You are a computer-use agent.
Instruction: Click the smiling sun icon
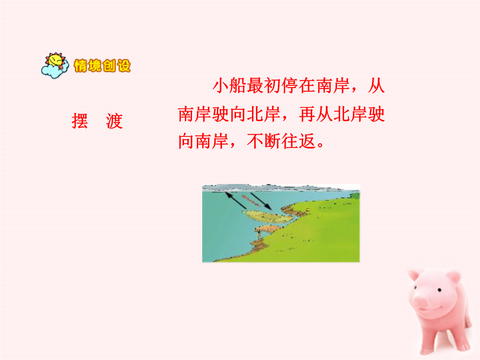(x=56, y=60)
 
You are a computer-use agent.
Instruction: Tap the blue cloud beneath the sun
(x=54, y=72)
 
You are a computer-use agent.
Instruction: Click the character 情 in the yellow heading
(x=80, y=66)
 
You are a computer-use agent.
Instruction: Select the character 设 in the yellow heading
(x=124, y=66)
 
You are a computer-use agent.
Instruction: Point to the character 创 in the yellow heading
(x=109, y=66)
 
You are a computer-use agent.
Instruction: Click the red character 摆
(x=80, y=121)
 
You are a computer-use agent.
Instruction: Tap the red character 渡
(x=115, y=121)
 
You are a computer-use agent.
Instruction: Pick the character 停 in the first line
(x=290, y=85)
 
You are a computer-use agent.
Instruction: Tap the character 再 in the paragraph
(x=308, y=114)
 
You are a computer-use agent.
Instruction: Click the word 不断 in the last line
(x=264, y=141)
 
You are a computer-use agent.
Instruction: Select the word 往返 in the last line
(x=298, y=141)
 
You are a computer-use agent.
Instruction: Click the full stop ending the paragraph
(x=320, y=145)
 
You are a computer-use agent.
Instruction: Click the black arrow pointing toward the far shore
(x=236, y=200)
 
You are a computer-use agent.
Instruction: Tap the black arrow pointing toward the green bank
(x=261, y=201)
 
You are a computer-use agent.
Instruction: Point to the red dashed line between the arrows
(x=250, y=200)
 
